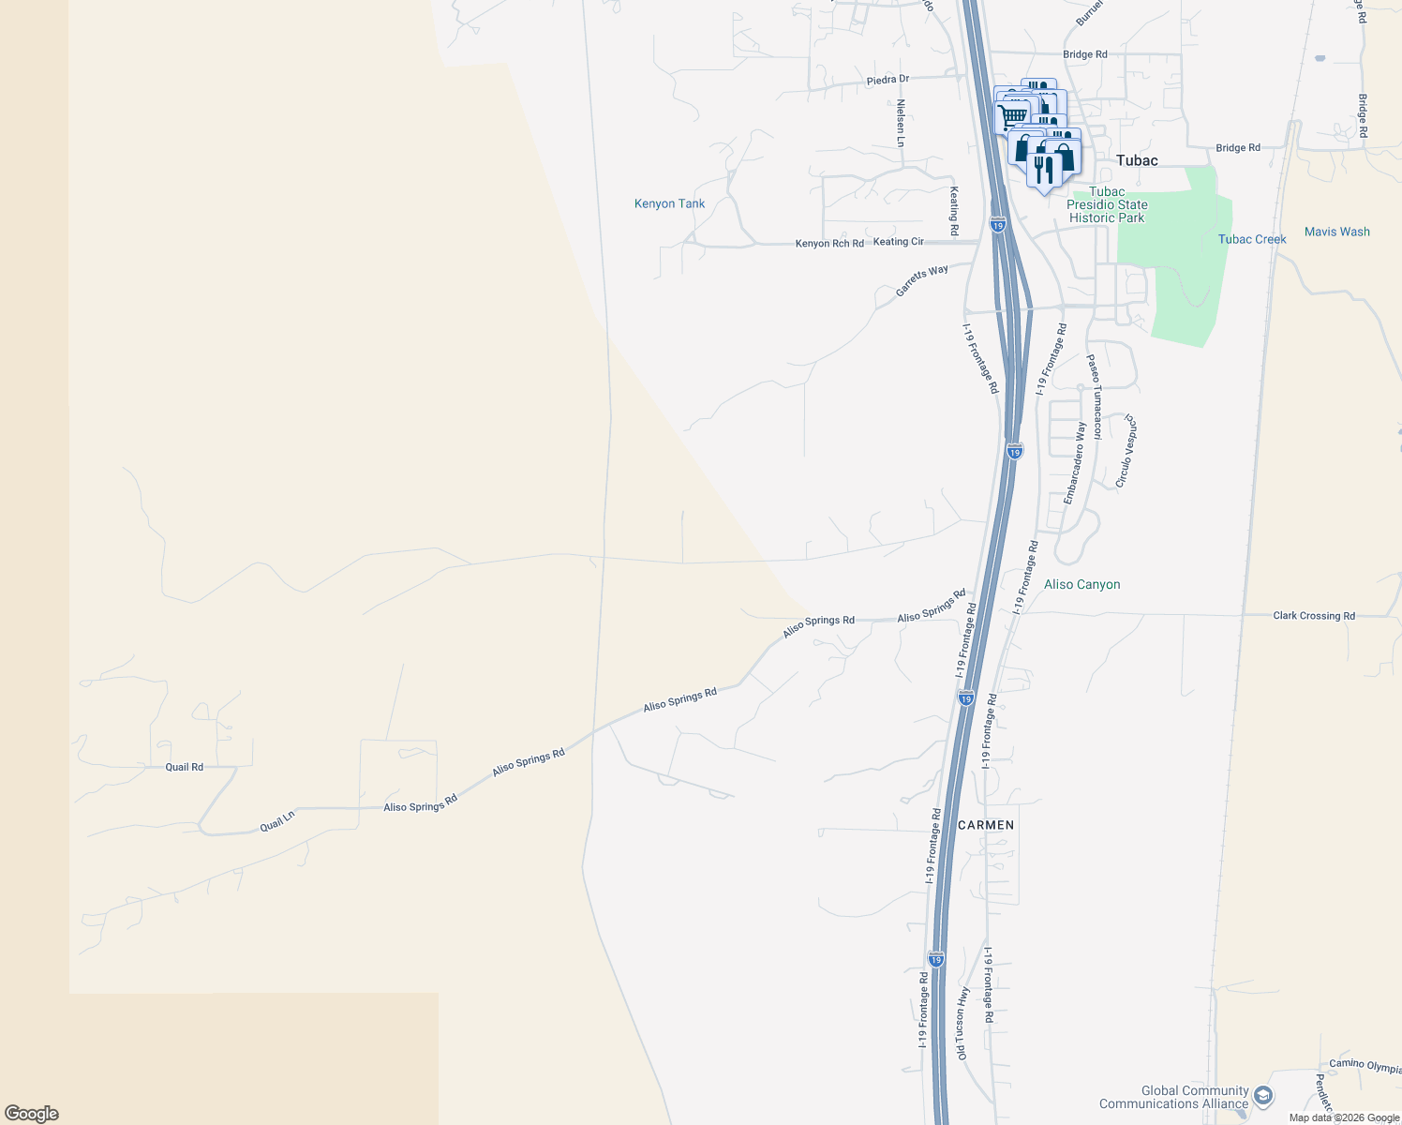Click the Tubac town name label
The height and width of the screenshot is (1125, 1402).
pyautogui.click(x=1137, y=160)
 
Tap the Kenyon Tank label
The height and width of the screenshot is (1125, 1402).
pyautogui.click(x=669, y=203)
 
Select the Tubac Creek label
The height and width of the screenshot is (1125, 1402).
pyautogui.click(x=1252, y=239)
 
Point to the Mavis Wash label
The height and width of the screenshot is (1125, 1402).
pyautogui.click(x=1336, y=232)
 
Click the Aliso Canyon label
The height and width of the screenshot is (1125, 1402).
pyautogui.click(x=1081, y=584)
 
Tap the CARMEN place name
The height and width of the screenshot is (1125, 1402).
pyautogui.click(x=986, y=825)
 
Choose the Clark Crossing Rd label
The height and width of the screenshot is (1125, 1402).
pyautogui.click(x=1313, y=616)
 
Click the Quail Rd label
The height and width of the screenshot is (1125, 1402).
pyautogui.click(x=184, y=767)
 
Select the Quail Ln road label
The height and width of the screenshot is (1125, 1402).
pyautogui.click(x=277, y=821)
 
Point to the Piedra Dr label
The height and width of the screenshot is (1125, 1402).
pyautogui.click(x=887, y=80)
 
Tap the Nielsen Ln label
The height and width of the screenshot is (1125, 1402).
pyautogui.click(x=901, y=123)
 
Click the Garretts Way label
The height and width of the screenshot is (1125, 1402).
pyautogui.click(x=921, y=280)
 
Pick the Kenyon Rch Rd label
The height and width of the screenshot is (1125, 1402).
pyautogui.click(x=829, y=244)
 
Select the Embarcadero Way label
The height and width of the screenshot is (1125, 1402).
pyautogui.click(x=1074, y=463)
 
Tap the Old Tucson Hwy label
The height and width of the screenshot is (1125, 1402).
pyautogui.click(x=962, y=1023)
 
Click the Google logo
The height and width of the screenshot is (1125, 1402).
pyautogui.click(x=32, y=1114)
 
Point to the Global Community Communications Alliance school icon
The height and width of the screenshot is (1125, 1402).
pyautogui.click(x=1262, y=1096)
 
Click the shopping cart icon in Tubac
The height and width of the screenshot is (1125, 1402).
pyautogui.click(x=1011, y=116)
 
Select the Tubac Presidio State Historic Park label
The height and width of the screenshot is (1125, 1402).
pyautogui.click(x=1107, y=204)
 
